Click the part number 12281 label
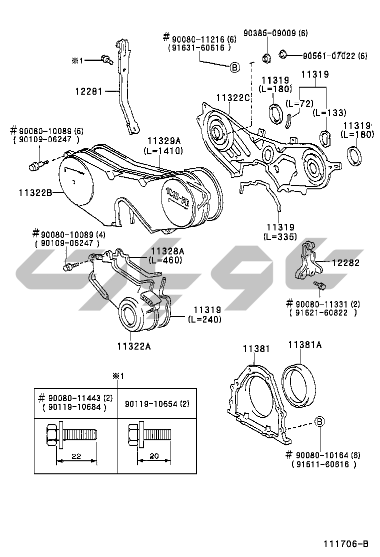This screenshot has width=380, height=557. pos(88,92)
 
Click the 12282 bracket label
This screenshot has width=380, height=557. pos(345,262)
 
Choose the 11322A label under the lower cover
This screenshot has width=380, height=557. pos(134,346)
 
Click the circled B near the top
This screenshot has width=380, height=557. pos(235,67)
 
